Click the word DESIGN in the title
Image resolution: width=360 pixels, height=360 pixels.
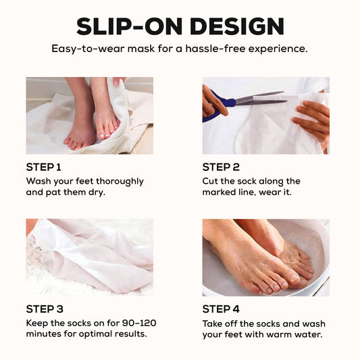click(x=237, y=26)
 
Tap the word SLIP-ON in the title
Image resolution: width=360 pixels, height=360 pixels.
click(x=130, y=26)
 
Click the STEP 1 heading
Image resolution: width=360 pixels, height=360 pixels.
click(x=44, y=167)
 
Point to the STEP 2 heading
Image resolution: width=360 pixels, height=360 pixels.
click(x=221, y=167)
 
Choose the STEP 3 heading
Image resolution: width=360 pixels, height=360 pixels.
click(x=45, y=309)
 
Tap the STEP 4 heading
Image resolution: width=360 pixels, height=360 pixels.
click(x=221, y=309)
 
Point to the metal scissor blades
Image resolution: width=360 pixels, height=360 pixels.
click(x=261, y=99)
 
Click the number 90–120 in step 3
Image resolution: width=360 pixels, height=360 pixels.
click(x=139, y=323)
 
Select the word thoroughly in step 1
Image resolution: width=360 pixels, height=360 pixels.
click(x=120, y=182)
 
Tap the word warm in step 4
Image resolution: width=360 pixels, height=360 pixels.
click(x=279, y=334)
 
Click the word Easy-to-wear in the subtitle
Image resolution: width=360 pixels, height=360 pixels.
click(x=88, y=49)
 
